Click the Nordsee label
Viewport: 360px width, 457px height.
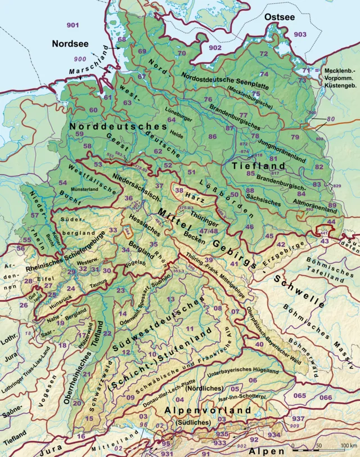[70, 43]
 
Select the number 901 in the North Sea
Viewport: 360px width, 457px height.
[73, 26]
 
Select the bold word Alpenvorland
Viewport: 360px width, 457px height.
[207, 412]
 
